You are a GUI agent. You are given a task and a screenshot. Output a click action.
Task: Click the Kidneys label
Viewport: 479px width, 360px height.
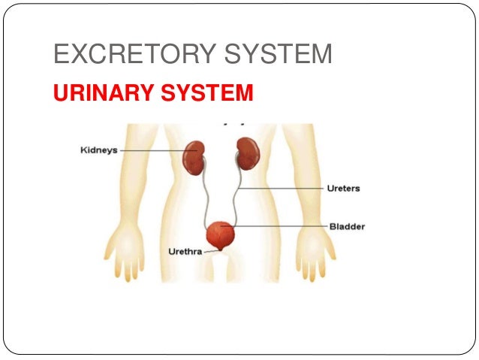point(98,150)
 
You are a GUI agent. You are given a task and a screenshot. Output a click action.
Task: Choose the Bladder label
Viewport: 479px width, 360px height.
point(346,226)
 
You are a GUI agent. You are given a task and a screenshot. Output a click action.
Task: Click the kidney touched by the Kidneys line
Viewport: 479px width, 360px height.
point(194,155)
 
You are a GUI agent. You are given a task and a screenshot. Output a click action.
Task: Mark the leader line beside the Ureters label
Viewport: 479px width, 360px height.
point(285,188)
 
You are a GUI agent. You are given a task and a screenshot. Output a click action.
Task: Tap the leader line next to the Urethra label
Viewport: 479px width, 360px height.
point(211,252)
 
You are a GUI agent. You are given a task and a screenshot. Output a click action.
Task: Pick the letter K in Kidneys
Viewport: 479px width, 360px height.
point(83,150)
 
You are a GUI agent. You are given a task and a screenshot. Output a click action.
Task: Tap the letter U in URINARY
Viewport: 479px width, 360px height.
point(59,93)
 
